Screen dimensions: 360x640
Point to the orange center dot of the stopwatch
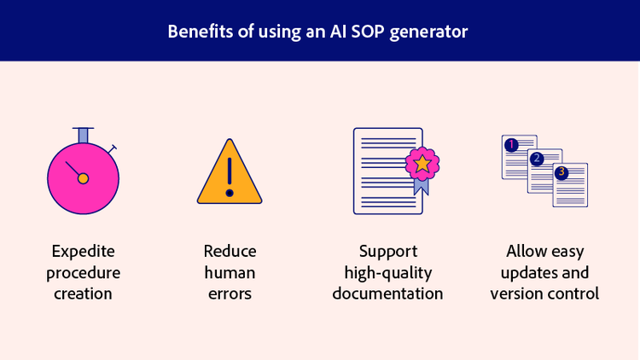[83, 178]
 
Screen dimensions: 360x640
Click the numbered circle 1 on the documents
[511, 145]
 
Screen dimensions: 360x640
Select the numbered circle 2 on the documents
[536, 159]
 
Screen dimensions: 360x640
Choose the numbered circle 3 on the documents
[561, 172]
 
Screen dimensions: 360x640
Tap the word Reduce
[230, 252]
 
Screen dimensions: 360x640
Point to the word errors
[230, 293]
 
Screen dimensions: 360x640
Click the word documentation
[387, 293]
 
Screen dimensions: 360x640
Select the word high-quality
[387, 273]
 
